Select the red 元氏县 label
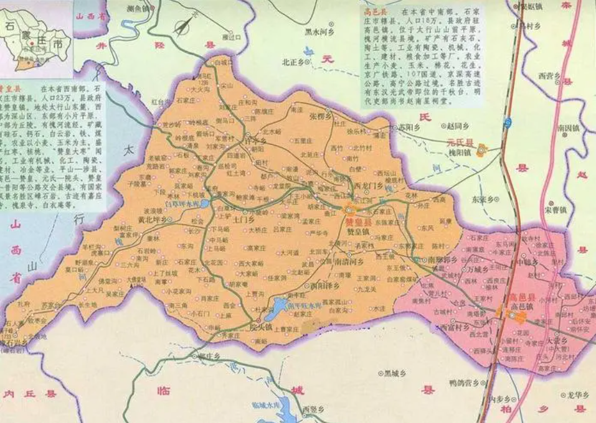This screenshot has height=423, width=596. click(x=460, y=142)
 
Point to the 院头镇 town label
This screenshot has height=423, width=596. click(x=260, y=326)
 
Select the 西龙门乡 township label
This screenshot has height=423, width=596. click(x=367, y=185)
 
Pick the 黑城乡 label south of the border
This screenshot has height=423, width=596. click(x=395, y=374)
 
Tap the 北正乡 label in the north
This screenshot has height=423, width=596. click(x=292, y=62)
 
